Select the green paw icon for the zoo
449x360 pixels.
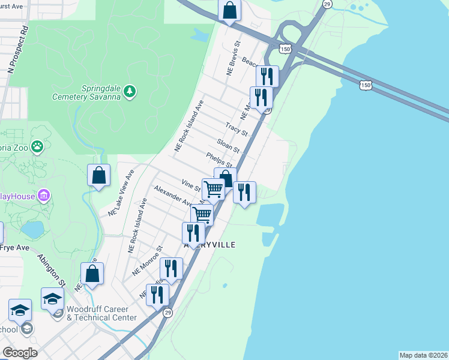37,146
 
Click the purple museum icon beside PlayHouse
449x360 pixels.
43,196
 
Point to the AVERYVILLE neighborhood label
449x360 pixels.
210,245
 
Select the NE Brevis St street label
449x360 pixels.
233,58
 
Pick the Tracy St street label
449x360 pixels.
237,128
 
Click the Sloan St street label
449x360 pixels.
228,146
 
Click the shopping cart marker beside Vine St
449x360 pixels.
213,190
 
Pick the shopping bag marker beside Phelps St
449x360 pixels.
225,178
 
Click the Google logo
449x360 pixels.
20,353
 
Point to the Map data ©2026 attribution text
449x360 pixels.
423,355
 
